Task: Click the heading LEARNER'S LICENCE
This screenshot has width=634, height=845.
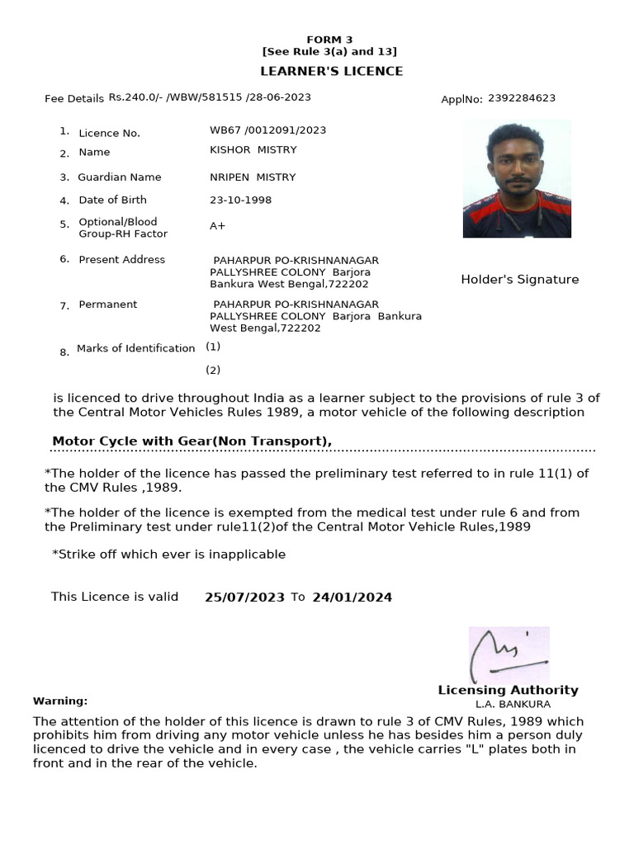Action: pos(332,71)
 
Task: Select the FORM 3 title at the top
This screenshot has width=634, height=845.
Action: pos(329,40)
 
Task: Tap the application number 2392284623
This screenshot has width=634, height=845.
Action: pos(521,98)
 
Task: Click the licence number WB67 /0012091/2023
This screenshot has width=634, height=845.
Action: pos(267,130)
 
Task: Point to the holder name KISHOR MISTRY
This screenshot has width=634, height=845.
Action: pos(253,150)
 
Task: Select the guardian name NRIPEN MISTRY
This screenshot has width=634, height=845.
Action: pos(253,177)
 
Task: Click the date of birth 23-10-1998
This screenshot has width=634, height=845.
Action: pos(240,200)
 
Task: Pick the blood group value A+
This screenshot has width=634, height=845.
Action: pos(218,226)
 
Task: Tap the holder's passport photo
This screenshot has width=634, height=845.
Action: pos(517,178)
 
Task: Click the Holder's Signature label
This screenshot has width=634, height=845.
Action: pos(519,280)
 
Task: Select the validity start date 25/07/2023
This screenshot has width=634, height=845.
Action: pos(244,597)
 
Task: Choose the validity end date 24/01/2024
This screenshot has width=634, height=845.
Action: pos(352,597)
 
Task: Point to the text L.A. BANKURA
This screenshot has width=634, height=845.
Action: pos(513,704)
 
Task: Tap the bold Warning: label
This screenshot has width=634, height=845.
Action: pos(60,701)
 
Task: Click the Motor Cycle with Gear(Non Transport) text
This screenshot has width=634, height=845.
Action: pos(192,441)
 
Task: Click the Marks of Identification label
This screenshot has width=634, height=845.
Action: pos(135,348)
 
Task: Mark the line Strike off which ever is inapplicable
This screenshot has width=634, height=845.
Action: pos(168,555)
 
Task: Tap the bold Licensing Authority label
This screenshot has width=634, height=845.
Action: pos(508,690)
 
